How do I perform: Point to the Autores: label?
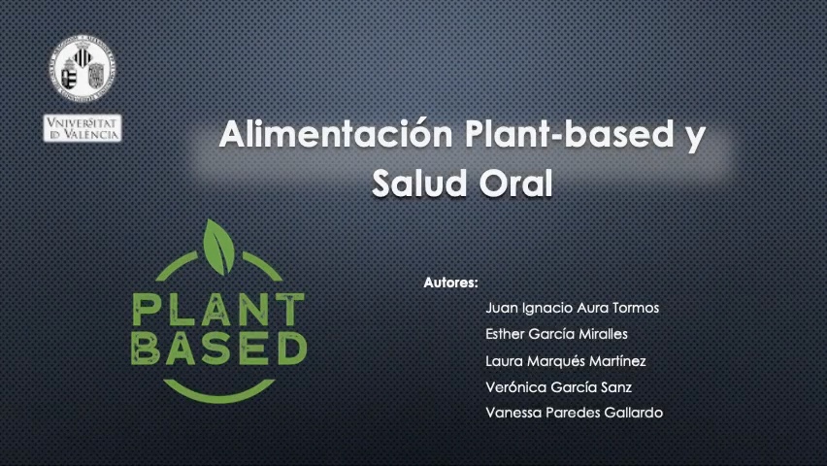pos(451,283)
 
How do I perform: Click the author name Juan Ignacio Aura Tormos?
pos(572,308)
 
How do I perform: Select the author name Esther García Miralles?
pos(556,334)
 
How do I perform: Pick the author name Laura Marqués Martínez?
pos(565,361)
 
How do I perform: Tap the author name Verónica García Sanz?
pos(559,386)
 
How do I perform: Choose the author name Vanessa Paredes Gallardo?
pos(574,413)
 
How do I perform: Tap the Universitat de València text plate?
pos(83,128)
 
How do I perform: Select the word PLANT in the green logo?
pos(217,310)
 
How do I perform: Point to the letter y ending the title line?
pos(691,136)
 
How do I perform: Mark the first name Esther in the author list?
pos(506,334)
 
